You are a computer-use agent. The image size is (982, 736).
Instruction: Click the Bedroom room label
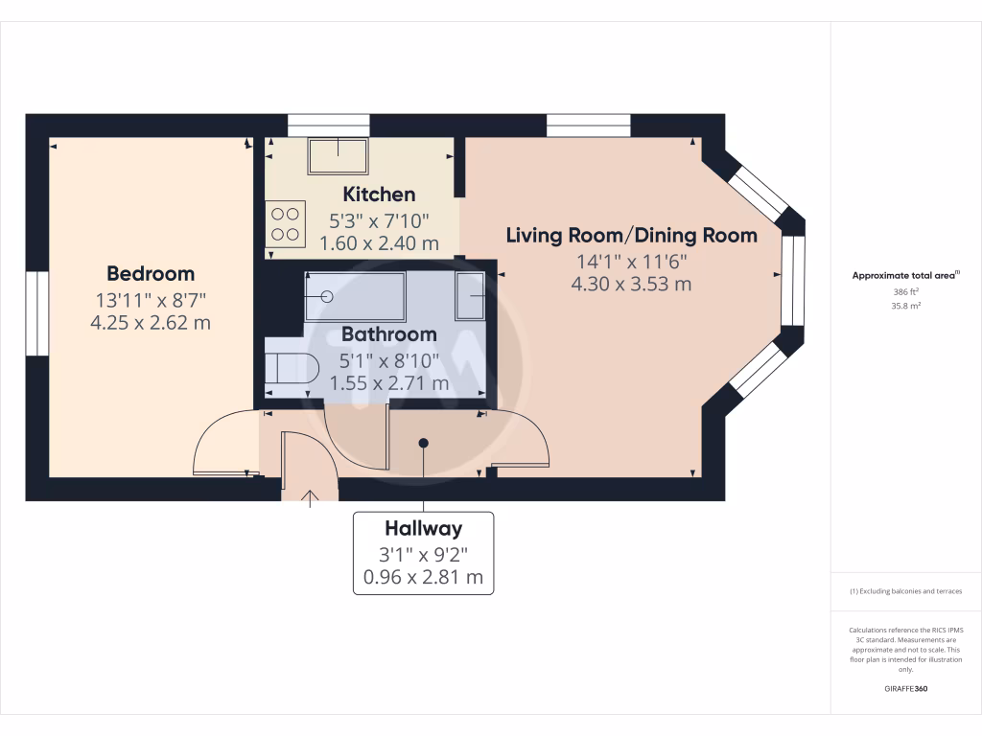pos(151,274)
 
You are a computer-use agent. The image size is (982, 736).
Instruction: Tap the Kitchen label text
pos(379,195)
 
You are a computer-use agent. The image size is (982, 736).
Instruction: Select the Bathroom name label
pos(389,334)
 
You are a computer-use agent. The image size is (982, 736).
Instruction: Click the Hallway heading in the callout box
pos(423,529)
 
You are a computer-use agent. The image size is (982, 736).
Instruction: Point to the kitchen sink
pos(338,156)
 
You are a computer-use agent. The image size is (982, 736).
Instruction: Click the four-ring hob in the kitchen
pos(285,224)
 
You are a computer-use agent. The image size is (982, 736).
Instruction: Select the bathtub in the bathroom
pos(355,297)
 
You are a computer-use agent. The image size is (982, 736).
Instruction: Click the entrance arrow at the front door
pos(310,498)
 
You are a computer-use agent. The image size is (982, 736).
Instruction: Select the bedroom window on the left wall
pos(37,313)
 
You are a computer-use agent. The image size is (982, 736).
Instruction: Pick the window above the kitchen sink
pos(330,126)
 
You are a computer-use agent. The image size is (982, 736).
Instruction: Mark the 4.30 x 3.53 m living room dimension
pos(631,284)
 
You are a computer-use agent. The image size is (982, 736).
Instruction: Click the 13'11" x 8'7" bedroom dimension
pos(151,300)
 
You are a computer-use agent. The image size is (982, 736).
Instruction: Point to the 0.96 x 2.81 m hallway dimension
pos(423,577)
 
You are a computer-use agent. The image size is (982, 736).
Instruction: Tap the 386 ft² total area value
pos(905,291)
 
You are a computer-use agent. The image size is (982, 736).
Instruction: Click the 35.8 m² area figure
pos(905,306)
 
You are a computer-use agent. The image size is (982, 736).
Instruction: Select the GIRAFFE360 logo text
pos(905,688)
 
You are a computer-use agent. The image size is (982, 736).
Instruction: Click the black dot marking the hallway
pos(423,443)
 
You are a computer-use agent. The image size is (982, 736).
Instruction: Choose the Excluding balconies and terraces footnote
pos(905,591)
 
